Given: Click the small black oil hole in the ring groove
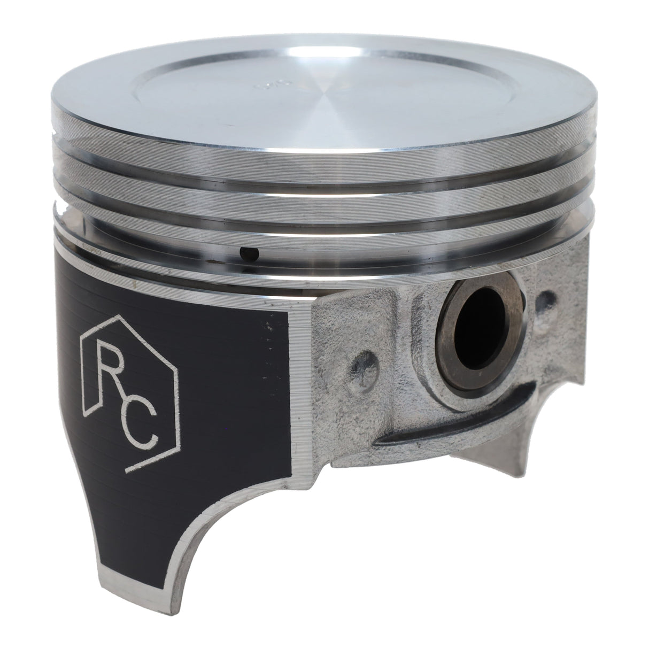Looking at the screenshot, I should pos(249,253).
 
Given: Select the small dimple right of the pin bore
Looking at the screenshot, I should pos(545,297).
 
